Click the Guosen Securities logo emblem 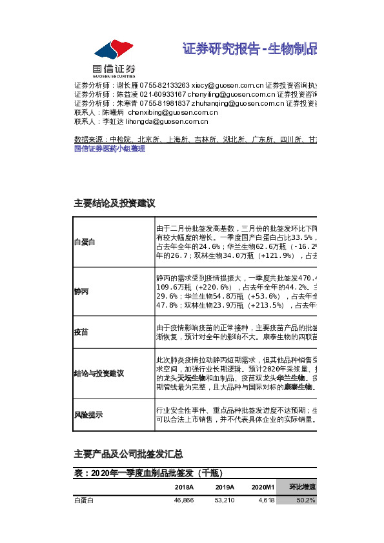pyautogui.click(x=113, y=50)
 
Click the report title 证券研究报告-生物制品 pyautogui.click(x=250, y=50)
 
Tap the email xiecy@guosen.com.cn pyautogui.click(x=228, y=85)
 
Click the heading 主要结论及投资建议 pyautogui.click(x=116, y=203)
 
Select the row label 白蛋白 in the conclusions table pyautogui.click(x=85, y=242)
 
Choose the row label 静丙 pyautogui.click(x=81, y=291)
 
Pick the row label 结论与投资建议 pyautogui.click(x=99, y=373)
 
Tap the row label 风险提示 pyautogui.click(x=88, y=416)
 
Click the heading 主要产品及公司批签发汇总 pyautogui.click(x=128, y=453)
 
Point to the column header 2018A pyautogui.click(x=185, y=488)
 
